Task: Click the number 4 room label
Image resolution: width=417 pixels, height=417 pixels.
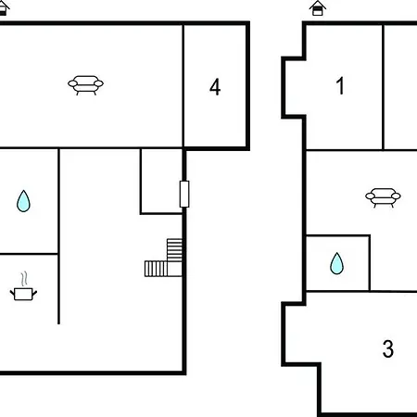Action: pyautogui.click(x=215, y=87)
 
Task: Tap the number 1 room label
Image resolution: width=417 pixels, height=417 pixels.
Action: pyautogui.click(x=340, y=85)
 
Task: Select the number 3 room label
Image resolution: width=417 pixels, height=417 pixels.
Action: pyautogui.click(x=388, y=348)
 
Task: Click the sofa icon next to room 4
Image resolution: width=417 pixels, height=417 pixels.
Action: pyautogui.click(x=86, y=85)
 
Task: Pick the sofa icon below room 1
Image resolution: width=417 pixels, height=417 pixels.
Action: pyautogui.click(x=383, y=197)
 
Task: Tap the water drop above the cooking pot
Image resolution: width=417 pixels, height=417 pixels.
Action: pyautogui.click(x=23, y=201)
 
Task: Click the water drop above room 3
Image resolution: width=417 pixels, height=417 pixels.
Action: pyautogui.click(x=336, y=263)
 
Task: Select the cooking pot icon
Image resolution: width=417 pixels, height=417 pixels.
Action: pyautogui.click(x=23, y=294)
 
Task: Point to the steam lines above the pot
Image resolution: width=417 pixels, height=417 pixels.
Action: pyautogui.click(x=24, y=279)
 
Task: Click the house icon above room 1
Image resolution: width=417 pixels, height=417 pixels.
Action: pyautogui.click(x=318, y=8)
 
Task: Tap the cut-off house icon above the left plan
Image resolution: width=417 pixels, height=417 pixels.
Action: pyautogui.click(x=4, y=8)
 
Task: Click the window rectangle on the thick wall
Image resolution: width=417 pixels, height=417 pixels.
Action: pyautogui.click(x=184, y=194)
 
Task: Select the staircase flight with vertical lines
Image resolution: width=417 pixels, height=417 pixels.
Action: pyautogui.click(x=156, y=269)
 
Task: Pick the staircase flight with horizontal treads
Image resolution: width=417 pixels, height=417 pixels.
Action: pyautogui.click(x=174, y=250)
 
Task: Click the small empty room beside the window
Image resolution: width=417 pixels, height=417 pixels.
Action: pyautogui.click(x=161, y=181)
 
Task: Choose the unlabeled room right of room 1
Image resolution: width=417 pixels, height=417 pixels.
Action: pyautogui.click(x=400, y=87)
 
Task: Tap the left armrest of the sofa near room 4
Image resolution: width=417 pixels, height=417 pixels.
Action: pyautogui.click(x=72, y=83)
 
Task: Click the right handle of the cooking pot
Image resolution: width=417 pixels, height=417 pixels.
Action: pyautogui.click(x=35, y=293)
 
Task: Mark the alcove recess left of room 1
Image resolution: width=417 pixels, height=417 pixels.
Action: pyautogui.click(x=294, y=87)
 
